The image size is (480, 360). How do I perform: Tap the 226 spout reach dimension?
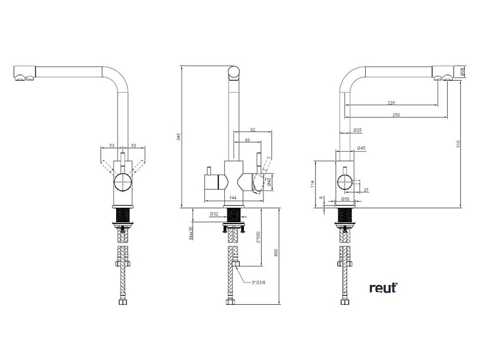coord(392,102)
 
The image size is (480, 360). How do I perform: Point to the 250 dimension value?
coord(397,115)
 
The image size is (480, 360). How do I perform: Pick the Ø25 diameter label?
coord(358,130)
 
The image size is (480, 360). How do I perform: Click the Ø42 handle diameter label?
coord(270,182)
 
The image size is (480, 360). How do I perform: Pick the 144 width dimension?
coord(233,198)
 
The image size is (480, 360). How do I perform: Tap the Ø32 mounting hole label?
coord(215,214)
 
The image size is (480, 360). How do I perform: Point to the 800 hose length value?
coord(276,252)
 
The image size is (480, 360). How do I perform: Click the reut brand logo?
coord(383,288)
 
